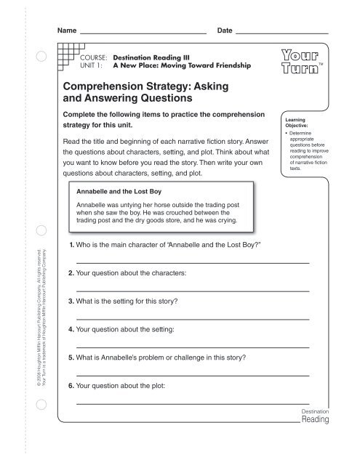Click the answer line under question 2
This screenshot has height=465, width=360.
pos(193,291)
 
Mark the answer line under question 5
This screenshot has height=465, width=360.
pos(193,373)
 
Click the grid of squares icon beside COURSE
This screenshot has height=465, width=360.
pos(66,54)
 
